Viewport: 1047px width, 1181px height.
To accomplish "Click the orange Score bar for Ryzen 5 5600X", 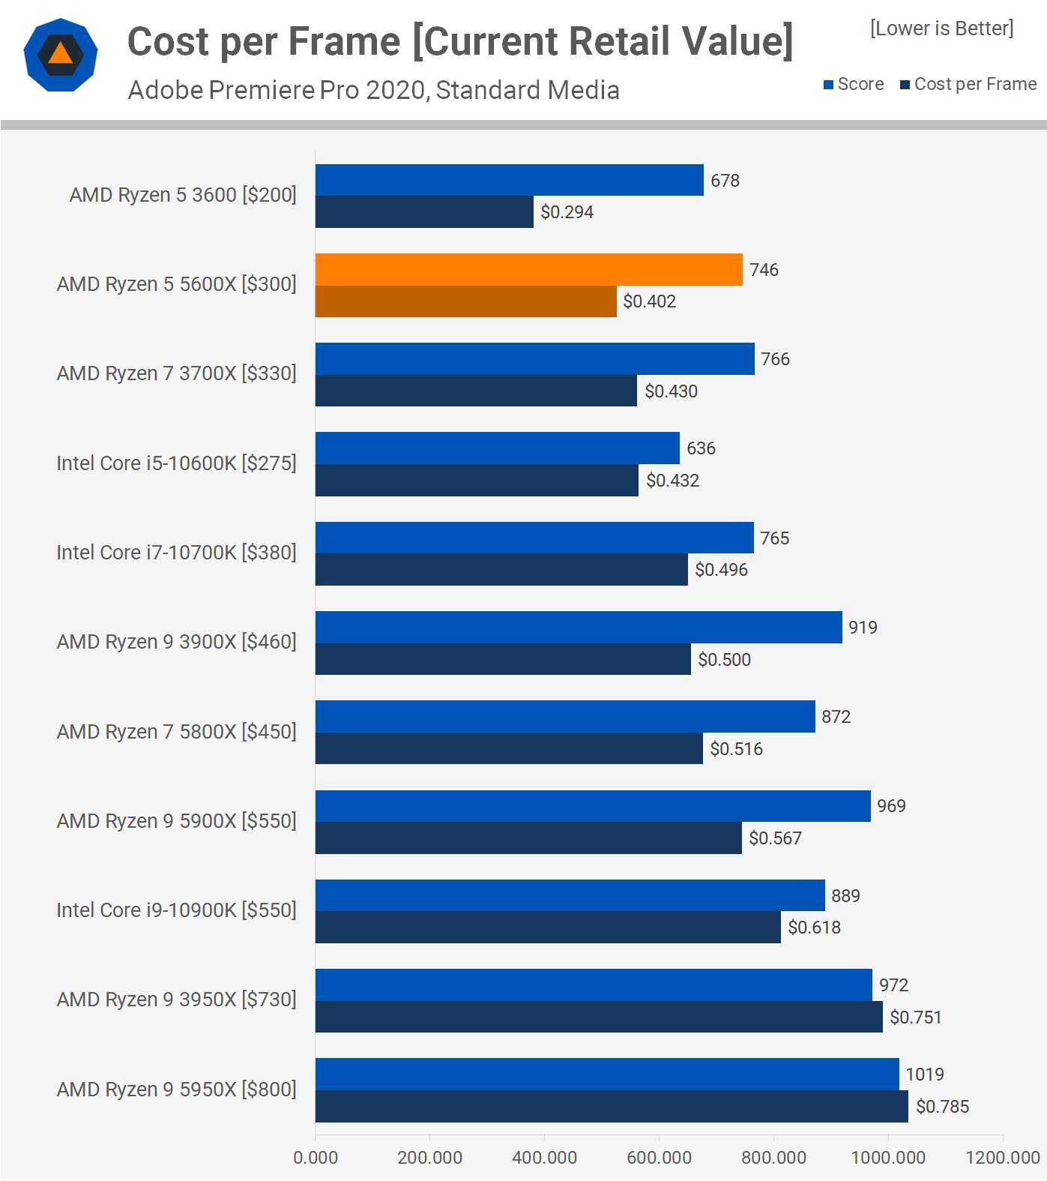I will pyautogui.click(x=528, y=269).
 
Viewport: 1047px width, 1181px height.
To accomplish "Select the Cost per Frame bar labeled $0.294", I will pyautogui.click(x=424, y=212).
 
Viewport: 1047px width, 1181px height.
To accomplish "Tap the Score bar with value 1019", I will pyautogui.click(x=607, y=1074).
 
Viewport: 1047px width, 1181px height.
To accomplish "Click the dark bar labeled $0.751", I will pyautogui.click(x=599, y=1017).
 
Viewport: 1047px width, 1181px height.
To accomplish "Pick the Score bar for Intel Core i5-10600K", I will pyautogui.click(x=497, y=448).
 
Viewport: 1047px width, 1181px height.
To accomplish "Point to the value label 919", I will pyautogui.click(x=863, y=628).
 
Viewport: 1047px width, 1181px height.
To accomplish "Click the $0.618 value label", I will pyautogui.click(x=814, y=928).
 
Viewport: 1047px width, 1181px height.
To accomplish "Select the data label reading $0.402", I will pyautogui.click(x=649, y=301).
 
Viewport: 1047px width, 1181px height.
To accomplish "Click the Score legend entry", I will pyautogui.click(x=854, y=84).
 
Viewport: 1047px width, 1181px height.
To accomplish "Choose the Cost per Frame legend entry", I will pyautogui.click(x=968, y=84).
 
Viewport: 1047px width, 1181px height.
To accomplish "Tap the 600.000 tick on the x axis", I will pyautogui.click(x=659, y=1157).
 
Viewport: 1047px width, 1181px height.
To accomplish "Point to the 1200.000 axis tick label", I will pyautogui.click(x=1002, y=1157).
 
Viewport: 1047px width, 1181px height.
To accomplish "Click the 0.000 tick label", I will pyautogui.click(x=316, y=1157).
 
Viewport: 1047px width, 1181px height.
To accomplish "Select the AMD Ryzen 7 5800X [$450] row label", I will pyautogui.click(x=176, y=732).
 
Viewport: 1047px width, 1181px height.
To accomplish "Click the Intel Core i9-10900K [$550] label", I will pyautogui.click(x=176, y=910).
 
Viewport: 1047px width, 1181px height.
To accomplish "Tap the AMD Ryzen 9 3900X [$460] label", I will pyautogui.click(x=176, y=642).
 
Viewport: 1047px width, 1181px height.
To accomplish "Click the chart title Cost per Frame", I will pyautogui.click(x=459, y=41).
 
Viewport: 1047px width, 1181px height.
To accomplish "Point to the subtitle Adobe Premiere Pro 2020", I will pyautogui.click(x=373, y=90).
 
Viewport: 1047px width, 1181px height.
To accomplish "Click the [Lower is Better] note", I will pyautogui.click(x=941, y=28).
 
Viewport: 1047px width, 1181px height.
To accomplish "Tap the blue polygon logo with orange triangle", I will pyautogui.click(x=61, y=55).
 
